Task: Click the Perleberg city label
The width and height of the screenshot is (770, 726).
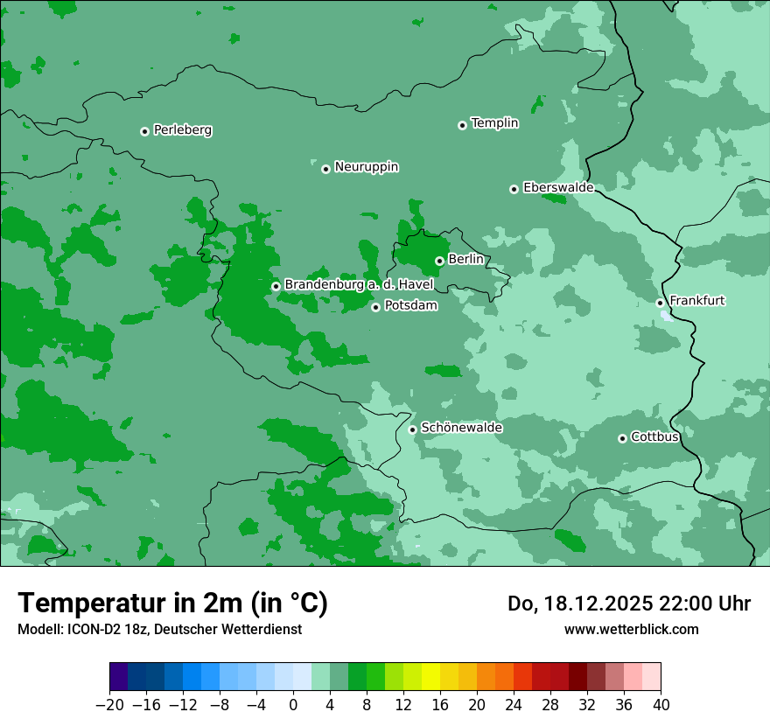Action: click(182, 130)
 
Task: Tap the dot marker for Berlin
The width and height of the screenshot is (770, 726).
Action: click(439, 261)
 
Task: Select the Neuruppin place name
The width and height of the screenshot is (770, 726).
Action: click(366, 167)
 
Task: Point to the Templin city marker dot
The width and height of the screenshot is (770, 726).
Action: click(462, 125)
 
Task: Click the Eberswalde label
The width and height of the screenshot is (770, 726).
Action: click(558, 188)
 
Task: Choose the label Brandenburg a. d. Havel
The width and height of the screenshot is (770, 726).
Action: click(359, 285)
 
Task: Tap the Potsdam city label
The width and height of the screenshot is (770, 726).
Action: click(410, 306)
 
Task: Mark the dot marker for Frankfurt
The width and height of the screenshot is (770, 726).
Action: click(660, 303)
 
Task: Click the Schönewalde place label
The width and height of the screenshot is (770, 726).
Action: click(461, 428)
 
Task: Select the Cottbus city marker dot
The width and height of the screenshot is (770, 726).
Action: click(622, 438)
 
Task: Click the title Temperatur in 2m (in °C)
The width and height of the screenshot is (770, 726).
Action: click(172, 603)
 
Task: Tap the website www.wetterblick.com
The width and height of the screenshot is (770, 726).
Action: click(631, 629)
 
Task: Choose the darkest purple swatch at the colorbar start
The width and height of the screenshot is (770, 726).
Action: click(119, 677)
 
